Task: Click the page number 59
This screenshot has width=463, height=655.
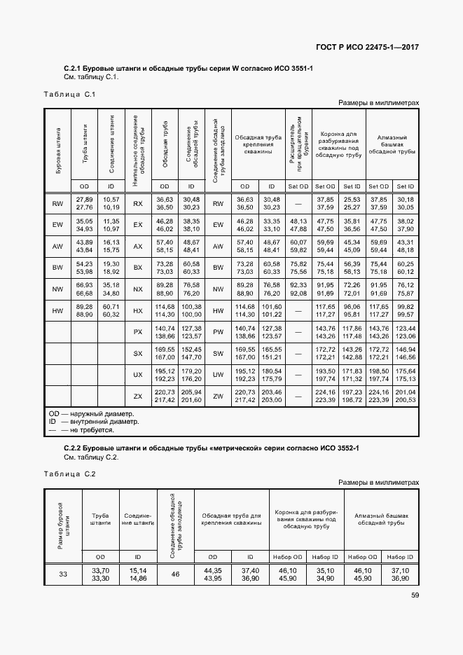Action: (415, 596)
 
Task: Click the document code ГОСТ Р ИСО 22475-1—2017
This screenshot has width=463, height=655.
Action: (366, 46)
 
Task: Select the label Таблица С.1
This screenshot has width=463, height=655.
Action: (69, 94)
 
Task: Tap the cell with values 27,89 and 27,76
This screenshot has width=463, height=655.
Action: (84, 203)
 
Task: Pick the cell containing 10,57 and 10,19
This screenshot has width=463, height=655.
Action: (111, 203)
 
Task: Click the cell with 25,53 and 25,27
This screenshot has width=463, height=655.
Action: (352, 203)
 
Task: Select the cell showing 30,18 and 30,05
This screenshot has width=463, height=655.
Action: (406, 203)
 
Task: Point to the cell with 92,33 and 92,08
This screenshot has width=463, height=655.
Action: (298, 289)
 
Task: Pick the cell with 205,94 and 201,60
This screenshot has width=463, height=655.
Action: (191, 396)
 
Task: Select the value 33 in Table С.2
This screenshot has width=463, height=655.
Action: (63, 574)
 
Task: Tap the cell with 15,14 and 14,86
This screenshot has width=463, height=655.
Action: (137, 574)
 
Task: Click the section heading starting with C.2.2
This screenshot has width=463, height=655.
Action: (204, 447)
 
